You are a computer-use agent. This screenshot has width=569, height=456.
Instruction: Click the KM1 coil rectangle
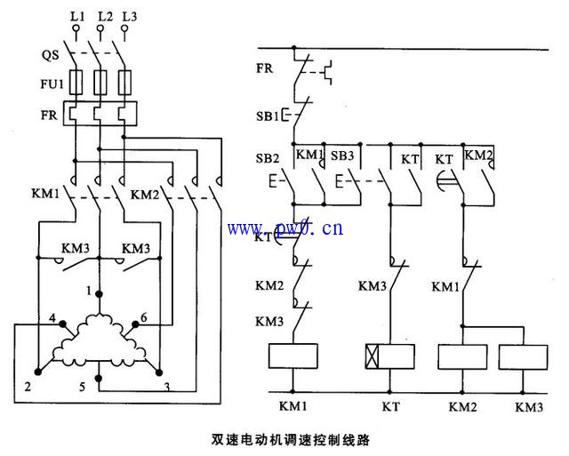click(x=293, y=356)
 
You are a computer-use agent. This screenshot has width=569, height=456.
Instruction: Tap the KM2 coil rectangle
click(x=463, y=356)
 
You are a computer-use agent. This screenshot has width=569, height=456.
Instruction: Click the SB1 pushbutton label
click(x=267, y=116)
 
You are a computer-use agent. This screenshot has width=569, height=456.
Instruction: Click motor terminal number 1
click(x=89, y=291)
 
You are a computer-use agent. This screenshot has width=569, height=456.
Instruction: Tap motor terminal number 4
click(x=54, y=318)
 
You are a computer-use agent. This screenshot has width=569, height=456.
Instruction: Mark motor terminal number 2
click(x=28, y=387)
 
